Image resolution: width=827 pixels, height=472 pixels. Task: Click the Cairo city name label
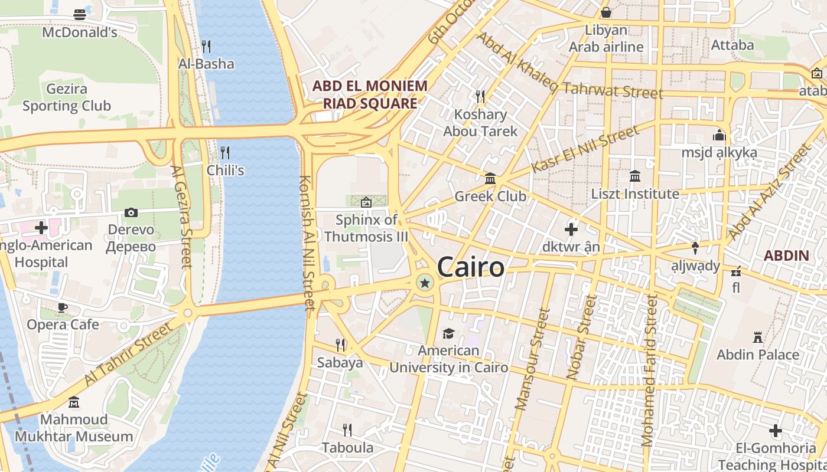tap(471, 267)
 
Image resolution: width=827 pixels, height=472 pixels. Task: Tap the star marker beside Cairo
tap(424, 284)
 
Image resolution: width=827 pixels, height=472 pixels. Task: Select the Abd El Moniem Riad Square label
tap(370, 94)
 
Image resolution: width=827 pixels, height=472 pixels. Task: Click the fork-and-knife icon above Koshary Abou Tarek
tap(480, 96)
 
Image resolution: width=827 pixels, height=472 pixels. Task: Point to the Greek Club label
tap(490, 196)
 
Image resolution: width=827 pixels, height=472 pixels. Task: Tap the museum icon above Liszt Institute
tap(635, 176)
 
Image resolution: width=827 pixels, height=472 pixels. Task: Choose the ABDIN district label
tap(786, 255)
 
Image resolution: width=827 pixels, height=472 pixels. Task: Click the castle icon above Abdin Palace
tap(757, 337)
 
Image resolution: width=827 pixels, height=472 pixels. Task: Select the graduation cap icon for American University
tap(448, 333)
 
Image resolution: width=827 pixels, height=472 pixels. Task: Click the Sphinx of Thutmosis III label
tap(366, 228)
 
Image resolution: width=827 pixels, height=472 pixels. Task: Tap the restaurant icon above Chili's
tap(225, 153)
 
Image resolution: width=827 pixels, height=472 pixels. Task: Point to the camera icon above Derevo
tap(131, 212)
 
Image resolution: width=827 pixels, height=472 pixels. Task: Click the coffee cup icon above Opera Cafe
tap(63, 307)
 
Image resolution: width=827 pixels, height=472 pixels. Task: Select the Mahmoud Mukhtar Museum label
tap(74, 428)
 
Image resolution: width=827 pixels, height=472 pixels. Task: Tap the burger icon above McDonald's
tap(80, 15)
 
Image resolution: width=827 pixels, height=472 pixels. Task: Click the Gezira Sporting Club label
tap(67, 97)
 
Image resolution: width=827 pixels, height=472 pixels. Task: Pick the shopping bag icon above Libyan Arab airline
tap(606, 12)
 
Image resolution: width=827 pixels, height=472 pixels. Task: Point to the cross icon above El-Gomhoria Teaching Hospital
tap(776, 431)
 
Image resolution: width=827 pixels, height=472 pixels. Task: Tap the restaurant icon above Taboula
tap(347, 430)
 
